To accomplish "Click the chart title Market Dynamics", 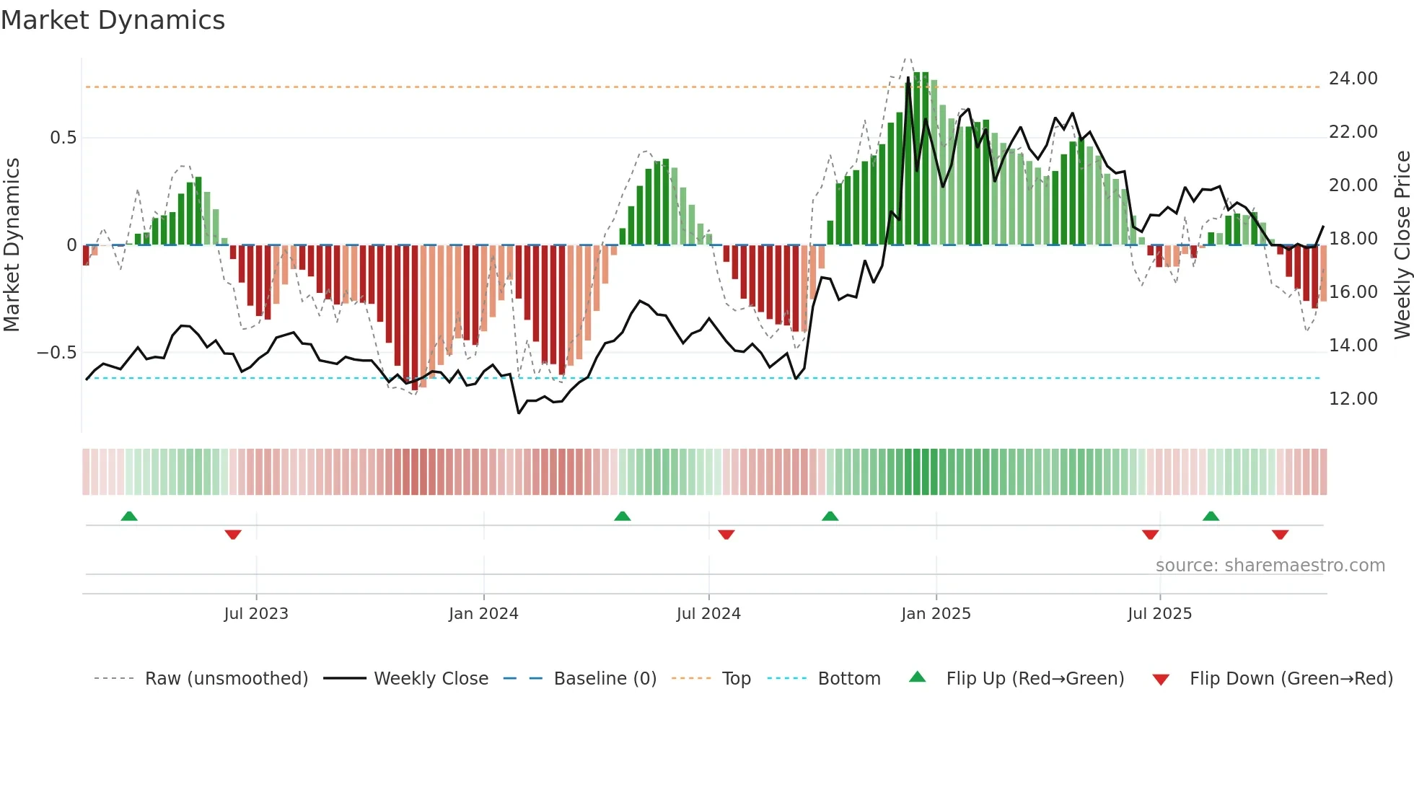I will click(113, 20).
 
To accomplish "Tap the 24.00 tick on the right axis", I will click(1353, 79).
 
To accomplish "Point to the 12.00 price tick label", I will click(1353, 399).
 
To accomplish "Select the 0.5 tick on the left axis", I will click(63, 138).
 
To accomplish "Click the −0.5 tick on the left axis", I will click(56, 353).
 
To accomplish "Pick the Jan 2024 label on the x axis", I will click(483, 614).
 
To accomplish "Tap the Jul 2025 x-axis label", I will click(1159, 614).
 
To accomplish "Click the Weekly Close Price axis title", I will click(1402, 245).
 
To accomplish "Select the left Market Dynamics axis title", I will click(12, 245).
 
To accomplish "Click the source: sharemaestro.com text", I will click(1270, 566).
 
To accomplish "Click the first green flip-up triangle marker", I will click(129, 517).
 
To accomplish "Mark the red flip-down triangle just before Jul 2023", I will click(233, 535).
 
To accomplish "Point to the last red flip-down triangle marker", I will click(1280, 535).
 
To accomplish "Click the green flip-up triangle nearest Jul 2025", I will click(1211, 517).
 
